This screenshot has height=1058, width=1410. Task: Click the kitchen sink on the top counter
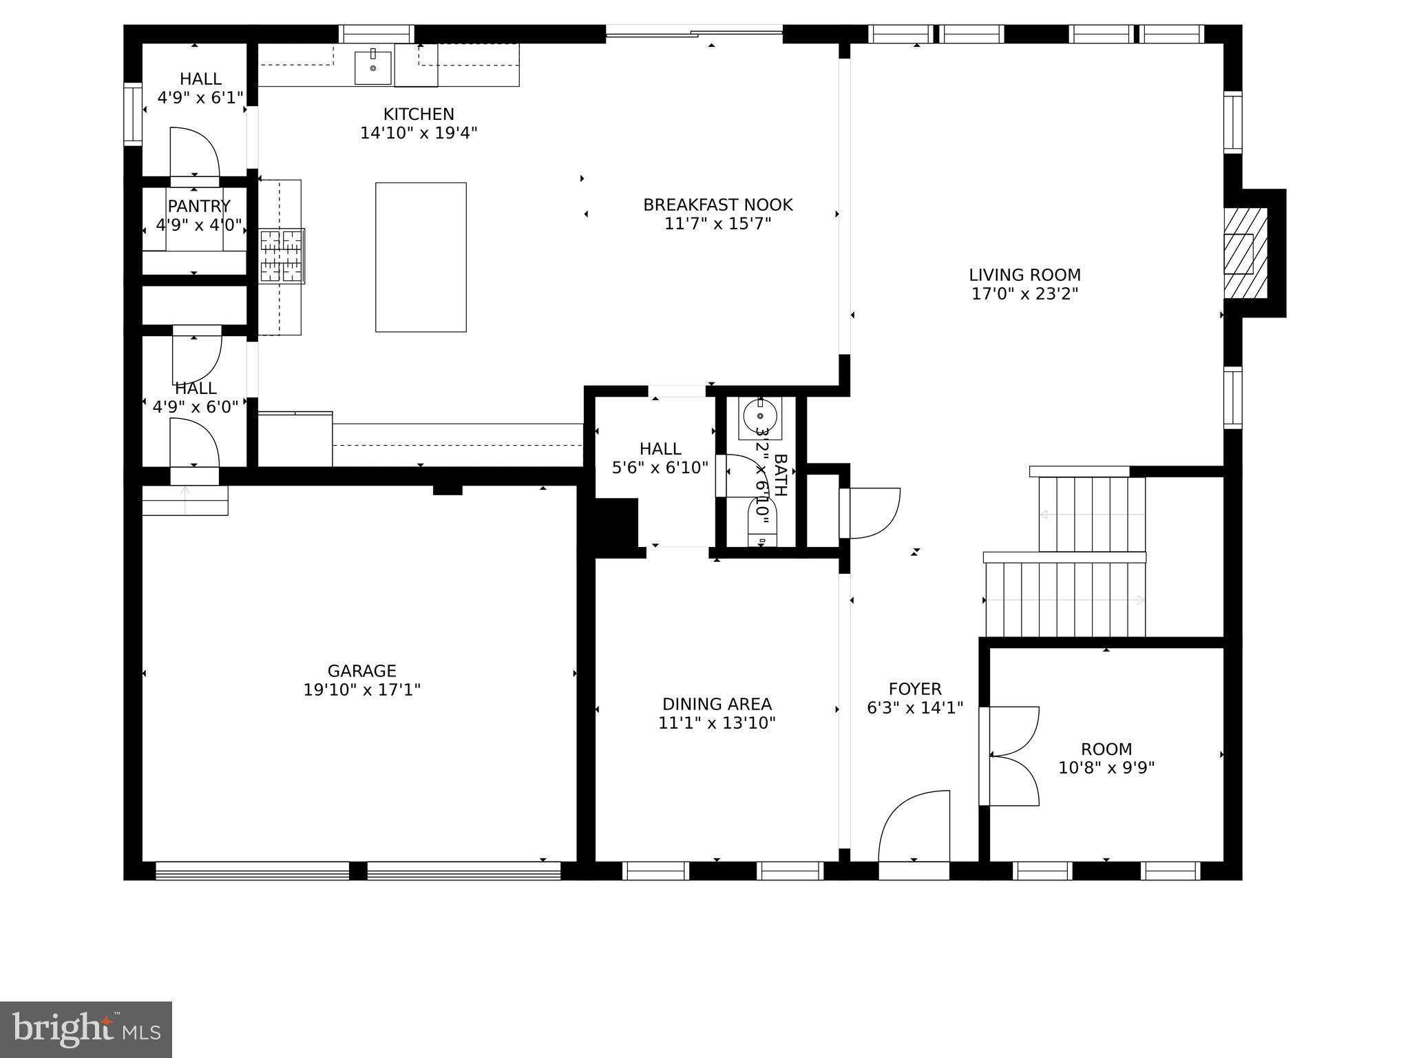click(x=372, y=67)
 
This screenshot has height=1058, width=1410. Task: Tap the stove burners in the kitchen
click(x=282, y=256)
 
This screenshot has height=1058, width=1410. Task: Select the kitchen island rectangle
click(x=421, y=257)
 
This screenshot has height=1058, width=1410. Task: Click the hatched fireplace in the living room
click(x=1245, y=253)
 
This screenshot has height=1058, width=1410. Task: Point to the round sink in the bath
click(x=760, y=417)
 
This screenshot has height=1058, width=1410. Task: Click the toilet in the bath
click(x=761, y=523)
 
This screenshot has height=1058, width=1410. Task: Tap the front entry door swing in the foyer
click(x=914, y=827)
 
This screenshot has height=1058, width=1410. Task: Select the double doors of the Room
click(x=1012, y=756)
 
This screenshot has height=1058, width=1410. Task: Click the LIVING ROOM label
click(x=1024, y=276)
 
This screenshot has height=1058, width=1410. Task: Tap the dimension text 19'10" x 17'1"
click(x=362, y=689)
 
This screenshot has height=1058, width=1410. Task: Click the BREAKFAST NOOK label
click(x=717, y=205)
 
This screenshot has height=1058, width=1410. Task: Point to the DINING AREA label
click(x=717, y=704)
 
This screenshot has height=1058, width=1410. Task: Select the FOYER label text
click(x=914, y=689)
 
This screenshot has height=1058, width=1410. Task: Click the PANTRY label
click(x=199, y=206)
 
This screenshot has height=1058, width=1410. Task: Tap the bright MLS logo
click(x=86, y=1029)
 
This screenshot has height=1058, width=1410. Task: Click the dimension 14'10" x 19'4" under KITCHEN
click(x=419, y=133)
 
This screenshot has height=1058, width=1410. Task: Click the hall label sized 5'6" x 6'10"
click(x=660, y=459)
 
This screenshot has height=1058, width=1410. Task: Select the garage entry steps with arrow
click(x=185, y=500)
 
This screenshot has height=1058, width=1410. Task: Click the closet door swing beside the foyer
click(x=871, y=512)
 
